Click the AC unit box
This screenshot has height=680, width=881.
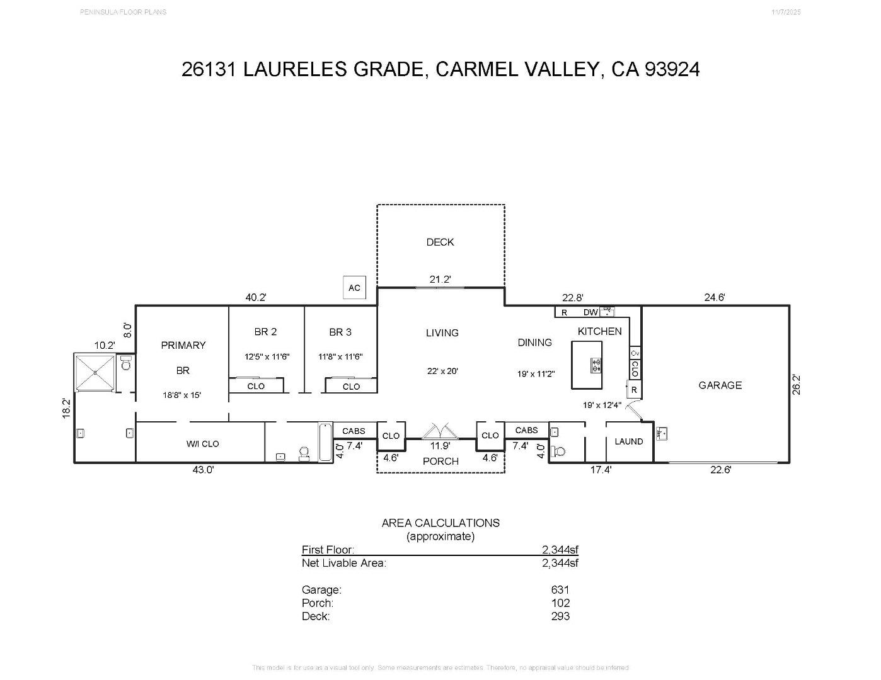354,288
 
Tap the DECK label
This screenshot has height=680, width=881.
440,242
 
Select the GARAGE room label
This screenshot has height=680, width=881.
720,385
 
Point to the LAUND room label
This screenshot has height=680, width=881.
628,441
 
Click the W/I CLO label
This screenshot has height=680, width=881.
202,444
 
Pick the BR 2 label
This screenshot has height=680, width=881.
265,332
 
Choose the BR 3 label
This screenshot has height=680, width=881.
340,332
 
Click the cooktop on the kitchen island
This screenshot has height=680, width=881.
595,365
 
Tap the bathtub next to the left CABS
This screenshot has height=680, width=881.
325,441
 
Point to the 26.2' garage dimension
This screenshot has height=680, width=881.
797,384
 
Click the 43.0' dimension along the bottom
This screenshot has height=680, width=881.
203,470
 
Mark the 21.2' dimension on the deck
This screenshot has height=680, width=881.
440,280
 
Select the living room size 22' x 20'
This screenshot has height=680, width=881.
442,371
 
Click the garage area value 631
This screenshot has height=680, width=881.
560,590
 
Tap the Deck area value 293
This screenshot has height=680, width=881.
560,616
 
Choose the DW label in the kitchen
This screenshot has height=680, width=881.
590,312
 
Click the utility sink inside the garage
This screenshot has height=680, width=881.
662,433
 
